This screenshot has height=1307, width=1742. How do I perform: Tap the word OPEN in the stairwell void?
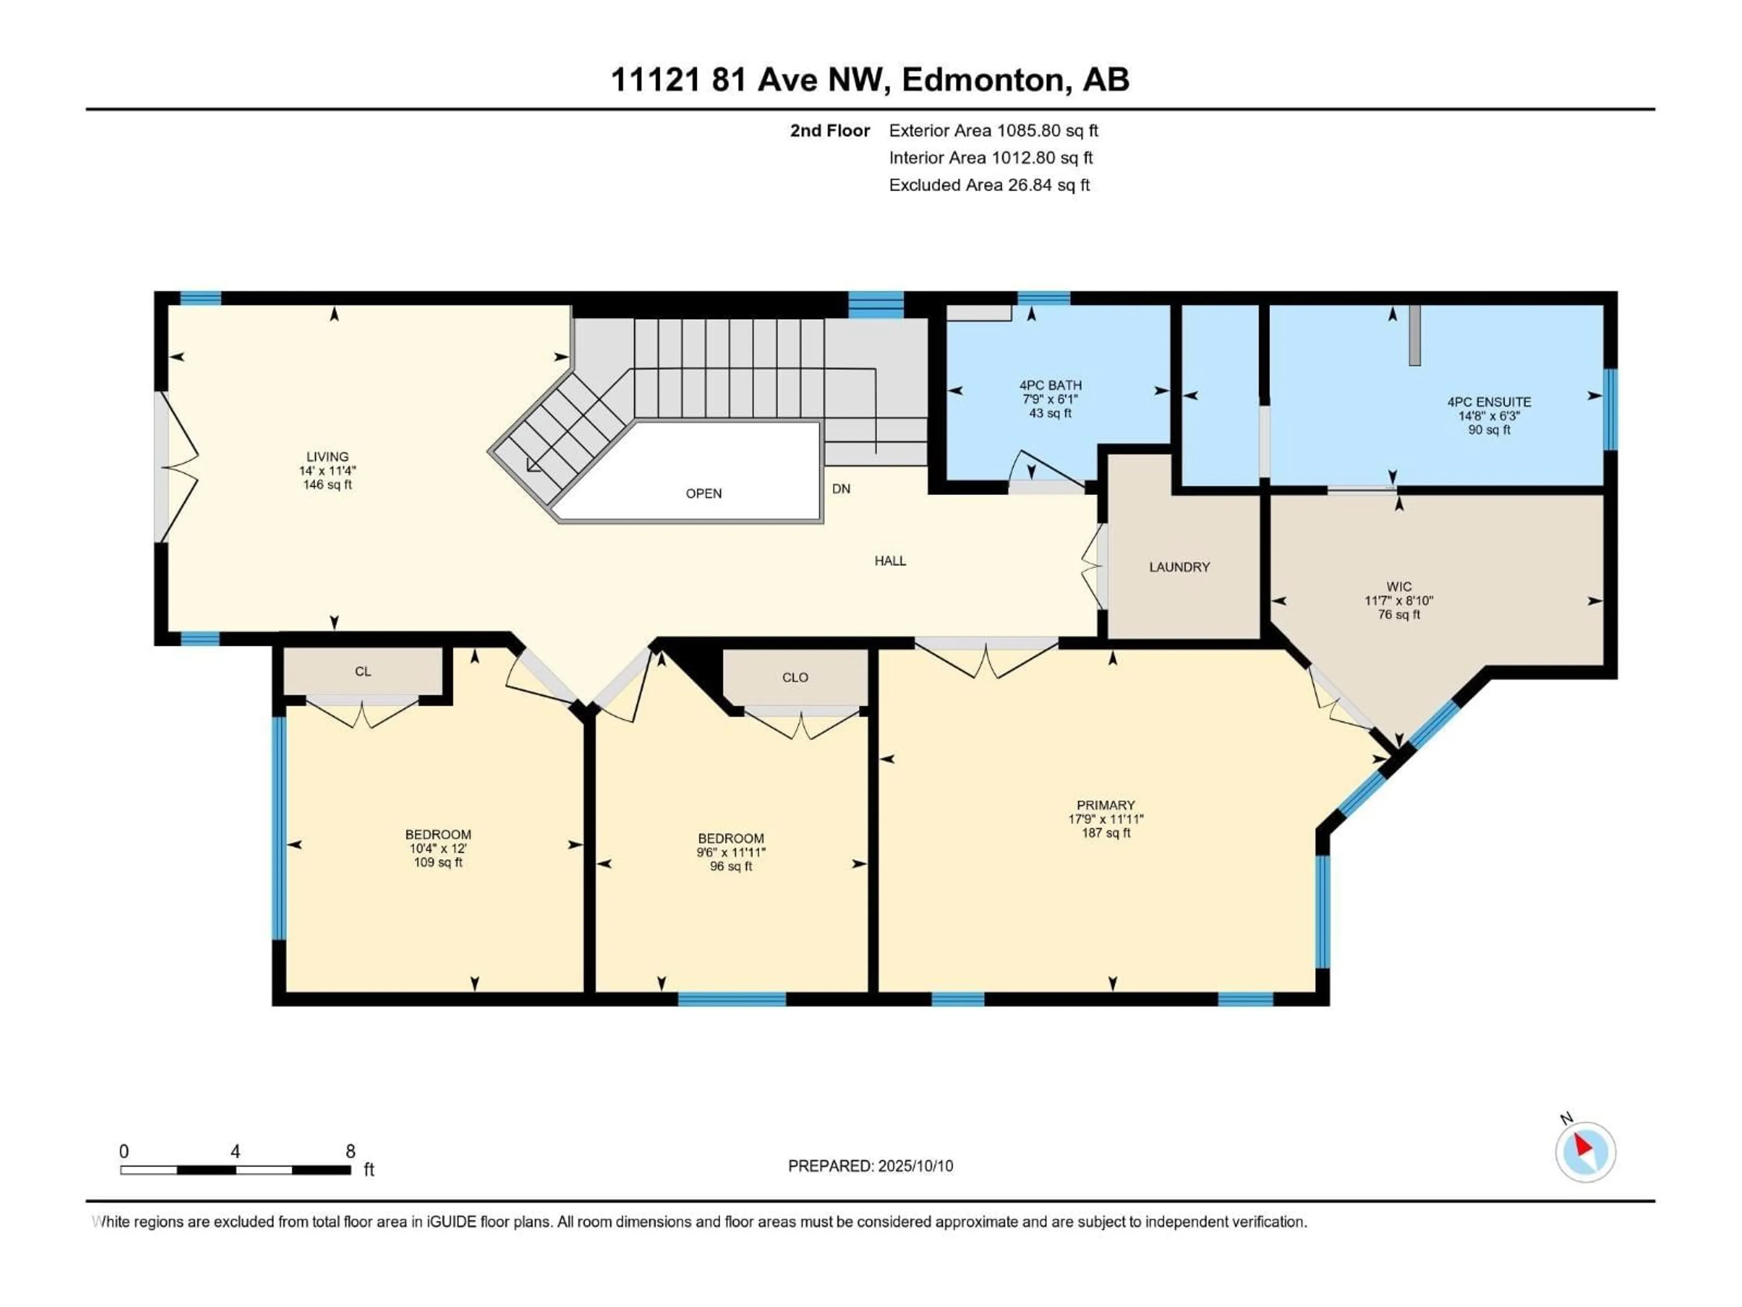[703, 493]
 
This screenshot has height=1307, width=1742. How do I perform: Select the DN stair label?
[841, 488]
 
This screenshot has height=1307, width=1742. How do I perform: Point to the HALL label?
[890, 561]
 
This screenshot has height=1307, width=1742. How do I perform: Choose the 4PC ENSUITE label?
[1488, 402]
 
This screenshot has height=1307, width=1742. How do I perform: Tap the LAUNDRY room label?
[1179, 567]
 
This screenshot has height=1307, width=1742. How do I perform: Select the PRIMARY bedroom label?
[1106, 805]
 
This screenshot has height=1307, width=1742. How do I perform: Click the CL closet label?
[362, 671]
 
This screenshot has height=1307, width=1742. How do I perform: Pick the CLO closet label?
[795, 678]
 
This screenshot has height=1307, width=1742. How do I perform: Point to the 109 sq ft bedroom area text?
[438, 863]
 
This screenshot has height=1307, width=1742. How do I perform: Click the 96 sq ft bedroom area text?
[731, 867]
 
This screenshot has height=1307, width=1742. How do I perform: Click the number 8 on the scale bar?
[351, 1151]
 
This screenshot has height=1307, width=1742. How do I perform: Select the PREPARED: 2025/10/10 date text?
[870, 1166]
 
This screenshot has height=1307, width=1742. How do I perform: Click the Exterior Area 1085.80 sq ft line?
[993, 131]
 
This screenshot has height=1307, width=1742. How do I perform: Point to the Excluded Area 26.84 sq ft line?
[989, 185]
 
